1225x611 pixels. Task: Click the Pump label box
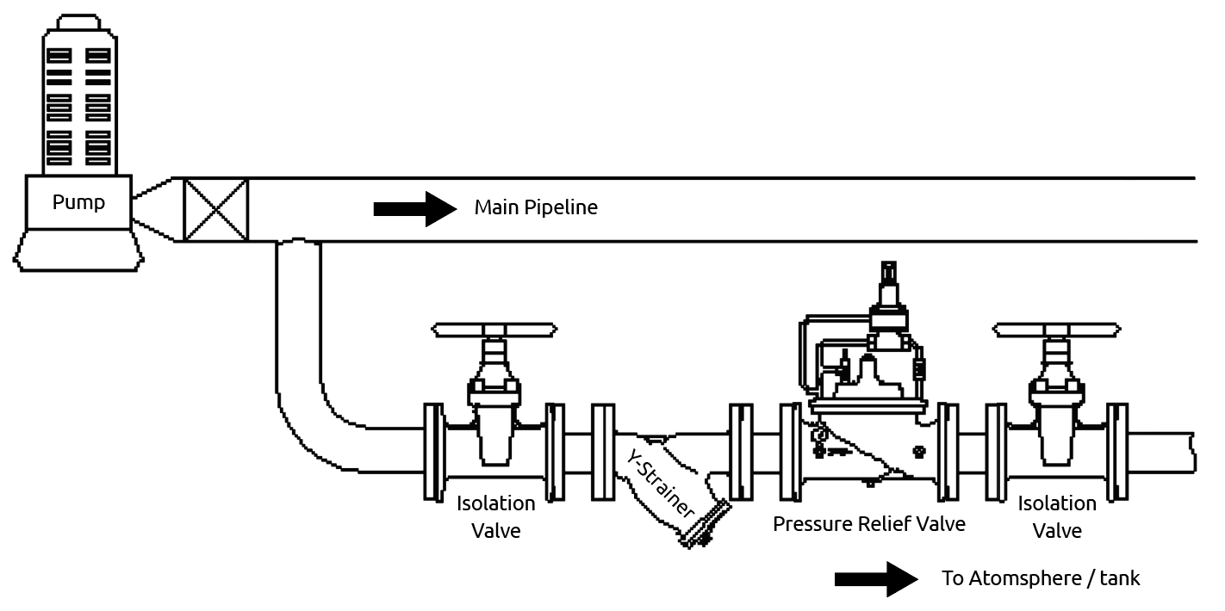point(78,203)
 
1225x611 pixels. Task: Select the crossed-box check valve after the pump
point(216,209)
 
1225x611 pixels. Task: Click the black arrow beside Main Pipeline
point(414,208)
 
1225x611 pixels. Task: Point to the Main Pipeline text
point(535,208)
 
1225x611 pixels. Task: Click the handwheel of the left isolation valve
point(494,330)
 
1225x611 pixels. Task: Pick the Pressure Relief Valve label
point(868,523)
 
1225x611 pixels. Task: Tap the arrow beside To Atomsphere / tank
point(876,578)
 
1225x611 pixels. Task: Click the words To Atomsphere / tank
point(1041,578)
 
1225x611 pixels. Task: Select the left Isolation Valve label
point(495,516)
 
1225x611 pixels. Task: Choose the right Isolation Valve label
point(1056,516)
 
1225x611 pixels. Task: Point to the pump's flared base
point(78,251)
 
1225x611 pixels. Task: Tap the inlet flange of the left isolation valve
point(432,452)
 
